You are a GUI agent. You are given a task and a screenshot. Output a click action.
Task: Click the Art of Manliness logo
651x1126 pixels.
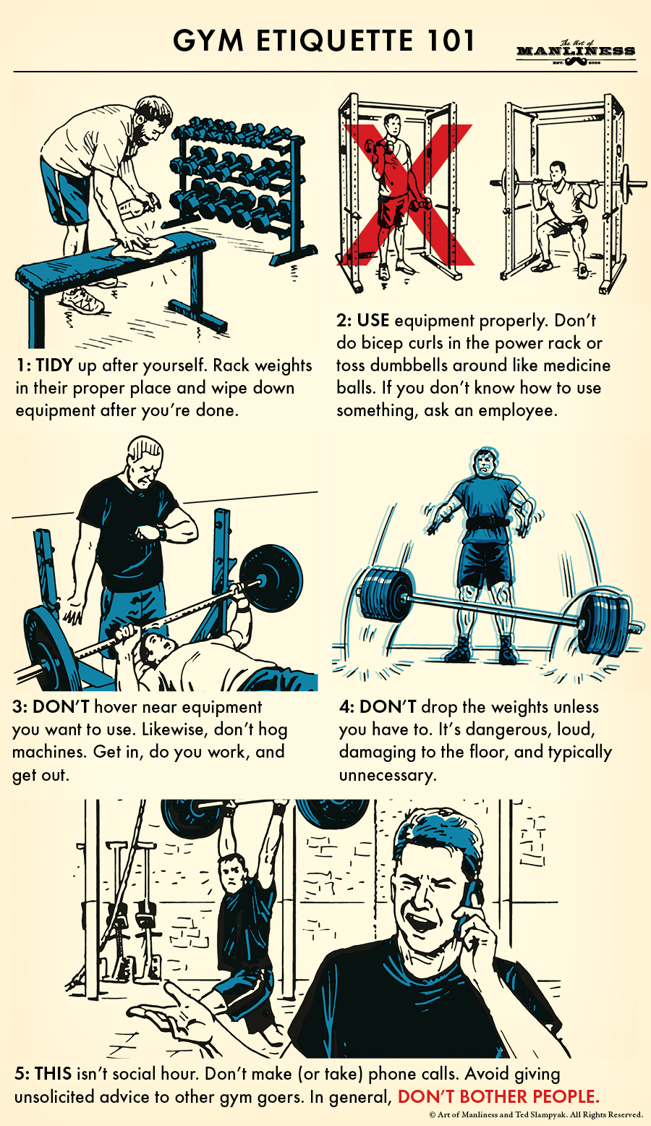(x=576, y=51)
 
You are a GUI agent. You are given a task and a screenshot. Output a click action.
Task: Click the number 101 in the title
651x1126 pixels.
(x=445, y=41)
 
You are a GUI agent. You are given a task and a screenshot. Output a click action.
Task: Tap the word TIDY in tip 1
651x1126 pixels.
(x=54, y=365)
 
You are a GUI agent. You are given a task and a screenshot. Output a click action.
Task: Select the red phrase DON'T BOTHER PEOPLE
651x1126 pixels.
(x=498, y=1096)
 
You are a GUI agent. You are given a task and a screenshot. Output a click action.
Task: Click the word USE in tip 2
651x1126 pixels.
(x=373, y=321)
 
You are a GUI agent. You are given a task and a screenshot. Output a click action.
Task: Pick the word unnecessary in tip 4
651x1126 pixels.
(x=387, y=776)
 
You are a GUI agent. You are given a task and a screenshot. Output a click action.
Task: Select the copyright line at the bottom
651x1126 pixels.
(x=535, y=1115)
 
